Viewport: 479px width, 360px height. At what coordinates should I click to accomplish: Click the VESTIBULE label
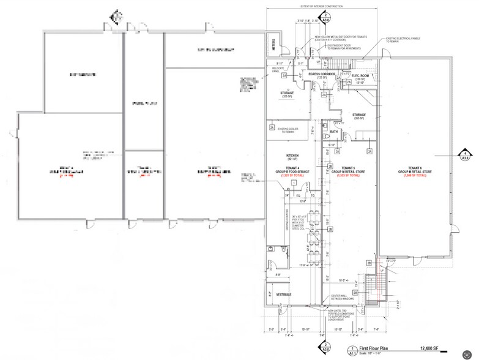coord(277,295)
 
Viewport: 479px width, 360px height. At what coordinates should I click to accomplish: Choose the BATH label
coord(334,131)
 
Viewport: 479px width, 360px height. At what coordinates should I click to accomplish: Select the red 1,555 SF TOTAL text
coord(348,176)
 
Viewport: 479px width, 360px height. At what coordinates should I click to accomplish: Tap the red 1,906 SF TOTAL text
coord(417,176)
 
